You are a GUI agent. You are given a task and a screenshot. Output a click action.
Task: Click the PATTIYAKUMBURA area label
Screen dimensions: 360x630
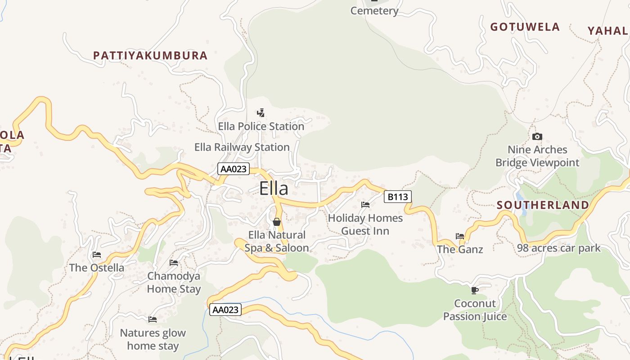pyautogui.click(x=150, y=55)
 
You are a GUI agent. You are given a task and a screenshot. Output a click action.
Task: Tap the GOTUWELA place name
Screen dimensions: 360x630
pyautogui.click(x=525, y=27)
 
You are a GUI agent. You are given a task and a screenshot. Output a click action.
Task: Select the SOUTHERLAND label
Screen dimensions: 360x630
pyautogui.click(x=543, y=205)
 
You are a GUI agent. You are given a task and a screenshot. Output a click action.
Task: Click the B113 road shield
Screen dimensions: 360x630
pyautogui.click(x=398, y=197)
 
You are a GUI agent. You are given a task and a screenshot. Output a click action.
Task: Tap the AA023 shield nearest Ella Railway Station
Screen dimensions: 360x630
pyautogui.click(x=233, y=169)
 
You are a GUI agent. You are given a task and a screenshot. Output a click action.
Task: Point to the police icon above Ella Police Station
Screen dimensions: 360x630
pyautogui.click(x=261, y=112)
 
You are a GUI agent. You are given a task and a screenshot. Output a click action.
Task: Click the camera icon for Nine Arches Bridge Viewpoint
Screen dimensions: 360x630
pyautogui.click(x=537, y=136)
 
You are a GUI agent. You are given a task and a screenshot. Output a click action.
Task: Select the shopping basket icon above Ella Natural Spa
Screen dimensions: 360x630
pyautogui.click(x=277, y=222)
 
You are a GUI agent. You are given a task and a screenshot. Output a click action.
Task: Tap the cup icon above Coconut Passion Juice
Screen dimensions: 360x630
pyautogui.click(x=474, y=290)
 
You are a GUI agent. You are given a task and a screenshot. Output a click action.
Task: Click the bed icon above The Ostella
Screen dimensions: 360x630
pyautogui.click(x=96, y=255)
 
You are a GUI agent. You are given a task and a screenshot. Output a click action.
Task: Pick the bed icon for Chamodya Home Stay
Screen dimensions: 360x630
pyautogui.click(x=174, y=263)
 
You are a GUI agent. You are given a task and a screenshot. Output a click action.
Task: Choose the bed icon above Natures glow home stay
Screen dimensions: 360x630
pyautogui.click(x=153, y=319)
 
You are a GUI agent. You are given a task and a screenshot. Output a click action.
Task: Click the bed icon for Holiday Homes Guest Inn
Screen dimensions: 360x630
pyautogui.click(x=365, y=205)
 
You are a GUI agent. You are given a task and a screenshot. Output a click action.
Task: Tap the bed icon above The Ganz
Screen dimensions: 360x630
pyautogui.click(x=459, y=236)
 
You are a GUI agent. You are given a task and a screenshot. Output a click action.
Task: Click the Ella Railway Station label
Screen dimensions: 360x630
pyautogui.click(x=242, y=147)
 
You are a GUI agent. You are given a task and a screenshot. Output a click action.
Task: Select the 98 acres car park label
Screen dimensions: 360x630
pyautogui.click(x=558, y=248)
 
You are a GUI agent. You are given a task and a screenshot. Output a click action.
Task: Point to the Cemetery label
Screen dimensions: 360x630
pyautogui.click(x=374, y=11)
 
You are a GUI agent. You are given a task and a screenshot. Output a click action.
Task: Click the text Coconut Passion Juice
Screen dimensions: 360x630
pyautogui.click(x=475, y=310)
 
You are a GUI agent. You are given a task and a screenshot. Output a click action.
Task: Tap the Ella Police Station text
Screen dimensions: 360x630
pyautogui.click(x=261, y=126)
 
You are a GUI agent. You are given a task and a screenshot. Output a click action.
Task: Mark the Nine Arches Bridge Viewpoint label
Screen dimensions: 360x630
pyautogui.click(x=537, y=156)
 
